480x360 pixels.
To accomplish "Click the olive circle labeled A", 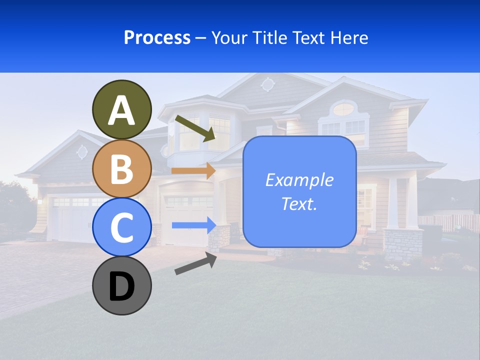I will (122, 109).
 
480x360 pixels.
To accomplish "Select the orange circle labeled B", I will (122, 168).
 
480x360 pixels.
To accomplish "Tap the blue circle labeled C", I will (122, 227).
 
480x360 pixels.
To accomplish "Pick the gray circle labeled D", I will (122, 285).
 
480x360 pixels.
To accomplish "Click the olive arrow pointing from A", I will (195, 127).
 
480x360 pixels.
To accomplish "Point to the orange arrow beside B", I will (193, 170).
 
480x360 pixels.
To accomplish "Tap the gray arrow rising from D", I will (195, 263).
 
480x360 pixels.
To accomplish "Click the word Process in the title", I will (157, 37).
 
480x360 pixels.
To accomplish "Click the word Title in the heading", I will (270, 37).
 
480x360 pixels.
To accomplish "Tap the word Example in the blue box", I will (299, 180).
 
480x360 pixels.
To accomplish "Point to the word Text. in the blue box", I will (299, 203).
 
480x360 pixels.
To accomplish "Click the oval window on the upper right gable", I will (343, 108).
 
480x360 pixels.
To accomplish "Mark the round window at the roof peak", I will (267, 84).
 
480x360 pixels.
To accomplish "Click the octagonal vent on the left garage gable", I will (82, 151).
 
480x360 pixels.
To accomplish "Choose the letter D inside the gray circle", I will (122, 286).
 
